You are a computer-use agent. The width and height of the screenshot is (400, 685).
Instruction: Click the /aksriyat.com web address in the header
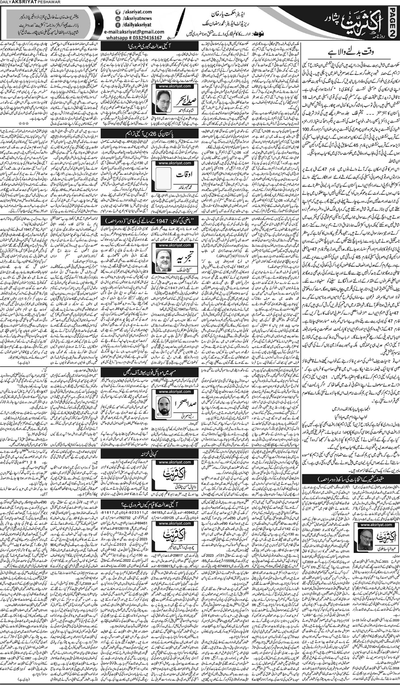pos(136,12)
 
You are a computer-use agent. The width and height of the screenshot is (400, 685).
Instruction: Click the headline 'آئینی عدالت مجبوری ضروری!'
pos(150,46)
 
